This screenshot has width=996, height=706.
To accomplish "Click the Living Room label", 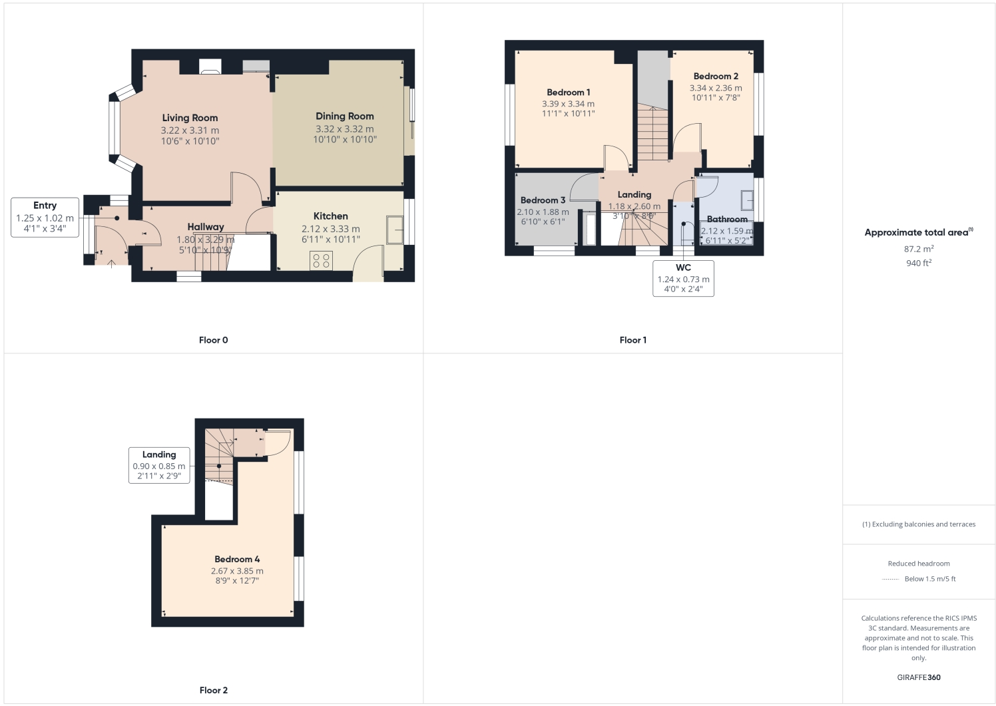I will click(190, 118).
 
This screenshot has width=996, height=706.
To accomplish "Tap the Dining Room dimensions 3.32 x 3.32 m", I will click(344, 129).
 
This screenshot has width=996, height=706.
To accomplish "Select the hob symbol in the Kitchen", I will click(321, 260).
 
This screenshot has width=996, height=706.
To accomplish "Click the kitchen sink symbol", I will click(395, 230).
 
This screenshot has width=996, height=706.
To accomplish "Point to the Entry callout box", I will click(45, 217).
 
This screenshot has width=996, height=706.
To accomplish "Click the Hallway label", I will click(205, 227).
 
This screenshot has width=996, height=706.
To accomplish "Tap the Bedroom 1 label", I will click(568, 92).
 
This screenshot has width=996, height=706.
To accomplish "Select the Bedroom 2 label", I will click(716, 77).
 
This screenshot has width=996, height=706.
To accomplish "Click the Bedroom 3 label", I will click(543, 200).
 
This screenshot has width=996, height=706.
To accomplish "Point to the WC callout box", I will click(683, 278).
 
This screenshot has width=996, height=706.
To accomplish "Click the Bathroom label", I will click(726, 219).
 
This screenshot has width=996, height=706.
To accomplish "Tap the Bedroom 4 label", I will click(237, 560).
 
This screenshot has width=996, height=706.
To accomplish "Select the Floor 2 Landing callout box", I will click(159, 464).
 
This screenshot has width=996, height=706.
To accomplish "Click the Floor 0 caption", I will click(213, 340).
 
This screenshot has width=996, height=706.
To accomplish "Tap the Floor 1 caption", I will click(632, 340).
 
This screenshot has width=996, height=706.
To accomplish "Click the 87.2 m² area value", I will click(918, 249).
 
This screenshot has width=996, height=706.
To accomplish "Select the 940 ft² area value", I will click(918, 263).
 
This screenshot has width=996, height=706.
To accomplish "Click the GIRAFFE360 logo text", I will click(918, 677).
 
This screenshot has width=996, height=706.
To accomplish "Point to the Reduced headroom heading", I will click(918, 564).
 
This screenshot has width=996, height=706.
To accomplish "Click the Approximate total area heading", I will click(917, 232).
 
